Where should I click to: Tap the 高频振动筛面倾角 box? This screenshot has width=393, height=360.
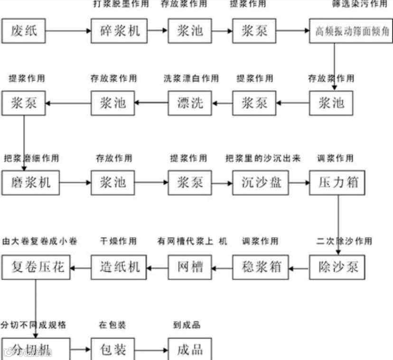[352, 32]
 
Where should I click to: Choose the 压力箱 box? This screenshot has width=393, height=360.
[337, 182]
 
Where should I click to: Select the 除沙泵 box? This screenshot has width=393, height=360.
[337, 267]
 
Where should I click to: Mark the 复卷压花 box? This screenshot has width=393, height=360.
[36, 267]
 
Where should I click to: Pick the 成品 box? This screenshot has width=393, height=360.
[190, 350]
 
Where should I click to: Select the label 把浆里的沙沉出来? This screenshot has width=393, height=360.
[262, 158]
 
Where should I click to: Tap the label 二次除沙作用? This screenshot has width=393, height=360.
[344, 241]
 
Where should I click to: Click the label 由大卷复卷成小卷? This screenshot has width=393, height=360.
[39, 241]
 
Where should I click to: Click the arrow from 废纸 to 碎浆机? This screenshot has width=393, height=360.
[69, 31]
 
